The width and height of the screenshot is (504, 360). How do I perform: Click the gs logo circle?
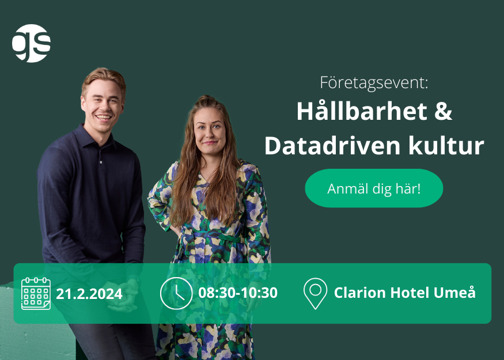click(32, 43)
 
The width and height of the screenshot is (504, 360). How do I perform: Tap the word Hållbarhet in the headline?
click(362, 111)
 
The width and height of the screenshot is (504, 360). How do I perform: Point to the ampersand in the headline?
click(444, 112)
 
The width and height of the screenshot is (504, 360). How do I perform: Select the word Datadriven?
click(332, 145)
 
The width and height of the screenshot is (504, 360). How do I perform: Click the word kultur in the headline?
click(446, 145)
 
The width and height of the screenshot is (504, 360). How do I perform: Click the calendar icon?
click(36, 293)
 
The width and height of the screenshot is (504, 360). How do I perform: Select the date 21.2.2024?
click(89, 294)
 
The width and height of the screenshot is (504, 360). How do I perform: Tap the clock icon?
click(176, 293)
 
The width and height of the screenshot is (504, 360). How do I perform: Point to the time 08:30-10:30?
click(238, 293)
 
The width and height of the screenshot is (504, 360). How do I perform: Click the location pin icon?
click(315, 293)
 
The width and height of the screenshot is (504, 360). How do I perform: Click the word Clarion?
click(359, 293)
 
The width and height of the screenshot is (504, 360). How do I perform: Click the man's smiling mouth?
click(104, 117)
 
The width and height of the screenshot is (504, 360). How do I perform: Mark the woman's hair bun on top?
click(206, 98)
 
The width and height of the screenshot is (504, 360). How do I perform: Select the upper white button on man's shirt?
click(101, 162)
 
